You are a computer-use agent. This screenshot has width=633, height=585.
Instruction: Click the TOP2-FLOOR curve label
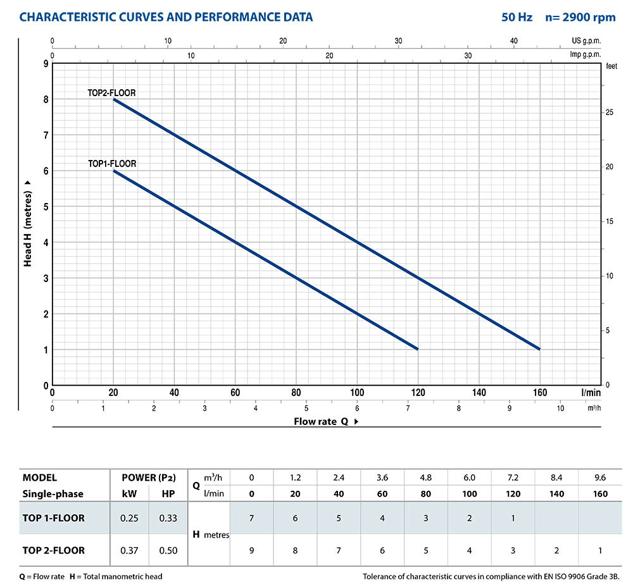pyautogui.click(x=111, y=93)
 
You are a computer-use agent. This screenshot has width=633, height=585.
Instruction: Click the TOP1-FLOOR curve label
pyautogui.click(x=111, y=164)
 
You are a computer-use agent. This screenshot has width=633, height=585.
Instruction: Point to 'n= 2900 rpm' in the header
pyautogui.click(x=580, y=17)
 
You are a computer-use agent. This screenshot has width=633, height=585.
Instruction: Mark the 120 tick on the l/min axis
pyautogui.click(x=418, y=393)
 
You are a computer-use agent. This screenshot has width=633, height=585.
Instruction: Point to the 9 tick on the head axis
pyautogui.click(x=46, y=64)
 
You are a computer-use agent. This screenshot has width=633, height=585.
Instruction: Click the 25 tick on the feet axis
pyautogui.click(x=610, y=113)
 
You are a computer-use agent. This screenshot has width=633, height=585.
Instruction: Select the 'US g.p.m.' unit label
pyautogui.click(x=586, y=41)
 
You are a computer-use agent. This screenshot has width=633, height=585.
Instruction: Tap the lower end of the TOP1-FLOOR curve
pyautogui.click(x=418, y=349)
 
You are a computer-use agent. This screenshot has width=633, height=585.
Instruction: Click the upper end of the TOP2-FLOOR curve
pyautogui.click(x=114, y=99)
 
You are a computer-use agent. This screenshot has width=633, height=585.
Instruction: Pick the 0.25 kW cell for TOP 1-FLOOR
pyautogui.click(x=129, y=519)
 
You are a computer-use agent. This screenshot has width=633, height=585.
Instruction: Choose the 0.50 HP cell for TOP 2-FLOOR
pyautogui.click(x=168, y=550)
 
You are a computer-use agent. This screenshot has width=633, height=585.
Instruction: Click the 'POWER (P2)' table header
pyautogui.click(x=149, y=477)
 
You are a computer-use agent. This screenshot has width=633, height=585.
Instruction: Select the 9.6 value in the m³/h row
pyautogui.click(x=599, y=477)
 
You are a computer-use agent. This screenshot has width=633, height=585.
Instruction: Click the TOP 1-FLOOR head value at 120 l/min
pyautogui.click(x=513, y=519)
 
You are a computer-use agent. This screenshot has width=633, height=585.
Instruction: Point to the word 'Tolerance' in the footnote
pyautogui.click(x=382, y=576)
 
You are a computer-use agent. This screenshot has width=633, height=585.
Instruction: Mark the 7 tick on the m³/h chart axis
pyautogui.click(x=408, y=409)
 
